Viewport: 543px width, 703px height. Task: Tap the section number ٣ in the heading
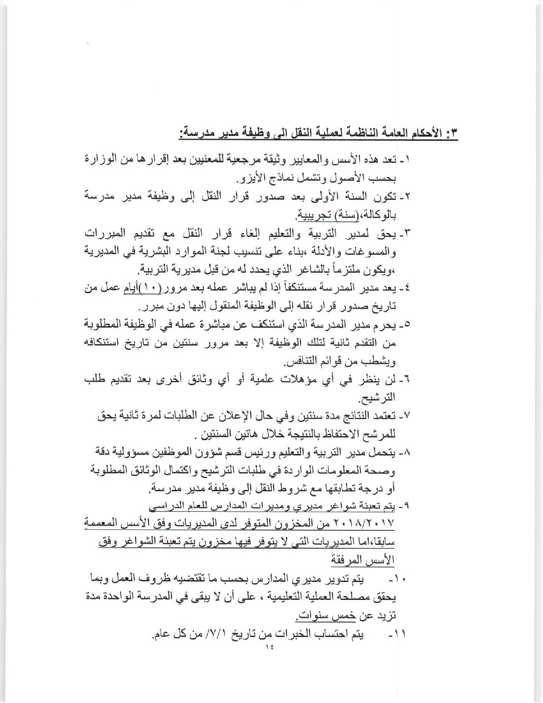point(453,133)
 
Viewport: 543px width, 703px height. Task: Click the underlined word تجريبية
point(313,215)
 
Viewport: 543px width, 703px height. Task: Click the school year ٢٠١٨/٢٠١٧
point(367,523)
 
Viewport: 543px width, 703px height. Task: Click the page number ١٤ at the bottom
point(269,658)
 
